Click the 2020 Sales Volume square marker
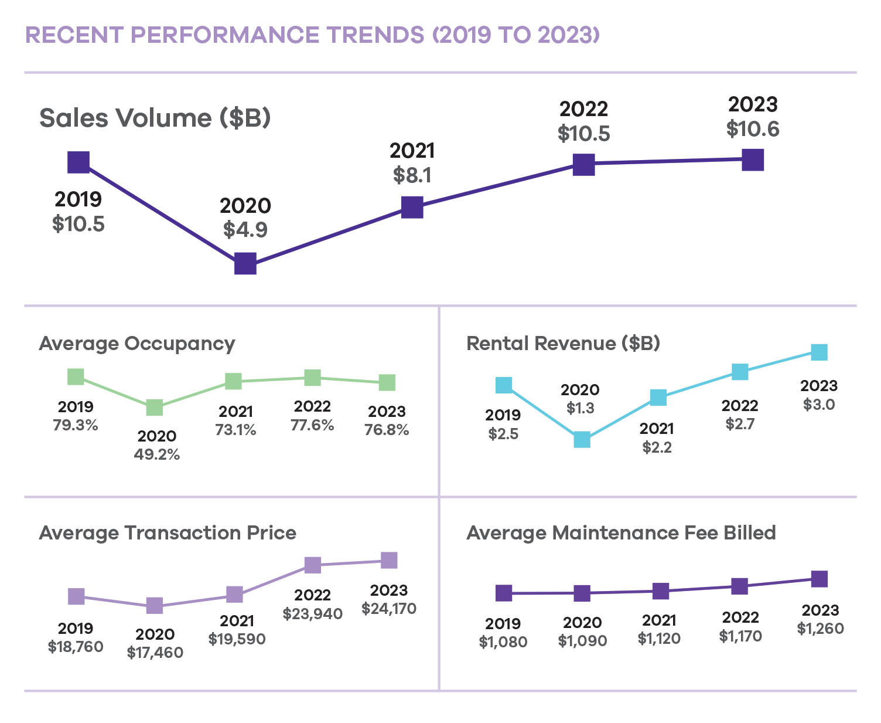pos(245,264)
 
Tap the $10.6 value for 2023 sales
pos(753,129)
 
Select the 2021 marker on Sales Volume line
pos(412,208)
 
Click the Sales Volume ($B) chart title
pos(155,118)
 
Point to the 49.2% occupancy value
pos(156,454)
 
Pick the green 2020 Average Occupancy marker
pos(155,408)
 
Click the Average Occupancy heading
pos(137,344)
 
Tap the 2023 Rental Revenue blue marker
pos(819,352)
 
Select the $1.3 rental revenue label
pos(580,408)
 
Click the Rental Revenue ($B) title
pos(563,344)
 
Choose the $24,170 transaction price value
pos(389,609)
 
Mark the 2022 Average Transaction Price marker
pos(313,565)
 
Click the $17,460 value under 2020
pos(155,653)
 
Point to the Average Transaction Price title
pos(168,533)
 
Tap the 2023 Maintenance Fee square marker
pos(819,579)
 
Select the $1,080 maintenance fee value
pos(503,642)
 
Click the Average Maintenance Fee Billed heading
pos(621,533)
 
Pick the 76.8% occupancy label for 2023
pos(387,430)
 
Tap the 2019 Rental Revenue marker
pos(504,385)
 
